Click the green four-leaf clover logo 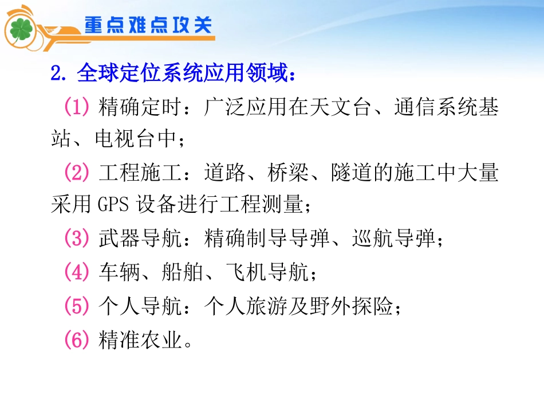click(x=21, y=29)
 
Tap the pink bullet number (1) click(x=77, y=107)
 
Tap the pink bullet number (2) click(x=77, y=173)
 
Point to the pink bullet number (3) click(x=77, y=239)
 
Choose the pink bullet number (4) click(x=77, y=272)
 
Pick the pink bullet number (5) click(x=77, y=307)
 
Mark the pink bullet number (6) click(x=77, y=341)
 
